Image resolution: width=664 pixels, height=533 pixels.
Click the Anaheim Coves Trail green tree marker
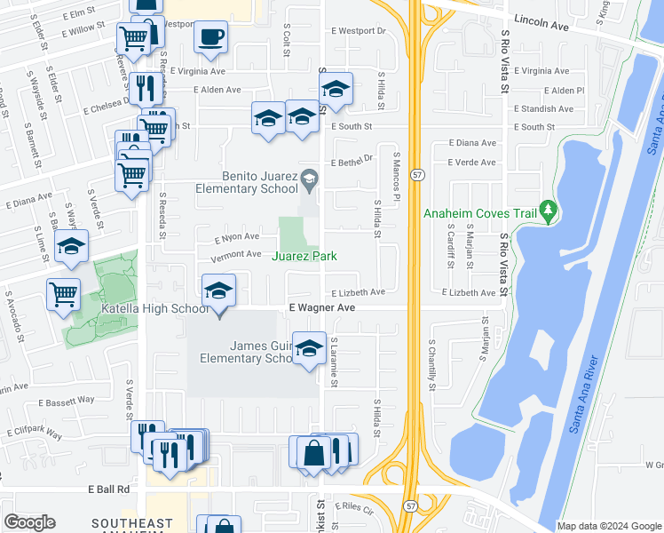(x=549, y=210)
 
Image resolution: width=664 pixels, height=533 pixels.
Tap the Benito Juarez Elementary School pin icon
(x=309, y=179)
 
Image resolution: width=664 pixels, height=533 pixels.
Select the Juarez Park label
(x=304, y=256)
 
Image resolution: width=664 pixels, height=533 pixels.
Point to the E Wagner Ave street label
(x=321, y=307)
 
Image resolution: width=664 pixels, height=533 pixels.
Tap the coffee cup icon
(x=210, y=37)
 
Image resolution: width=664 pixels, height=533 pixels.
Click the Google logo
(x=29, y=522)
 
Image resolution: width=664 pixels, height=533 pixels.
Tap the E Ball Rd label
(x=109, y=489)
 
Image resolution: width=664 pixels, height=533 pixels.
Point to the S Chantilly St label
(x=432, y=364)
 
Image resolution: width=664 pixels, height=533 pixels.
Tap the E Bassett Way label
(x=67, y=400)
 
